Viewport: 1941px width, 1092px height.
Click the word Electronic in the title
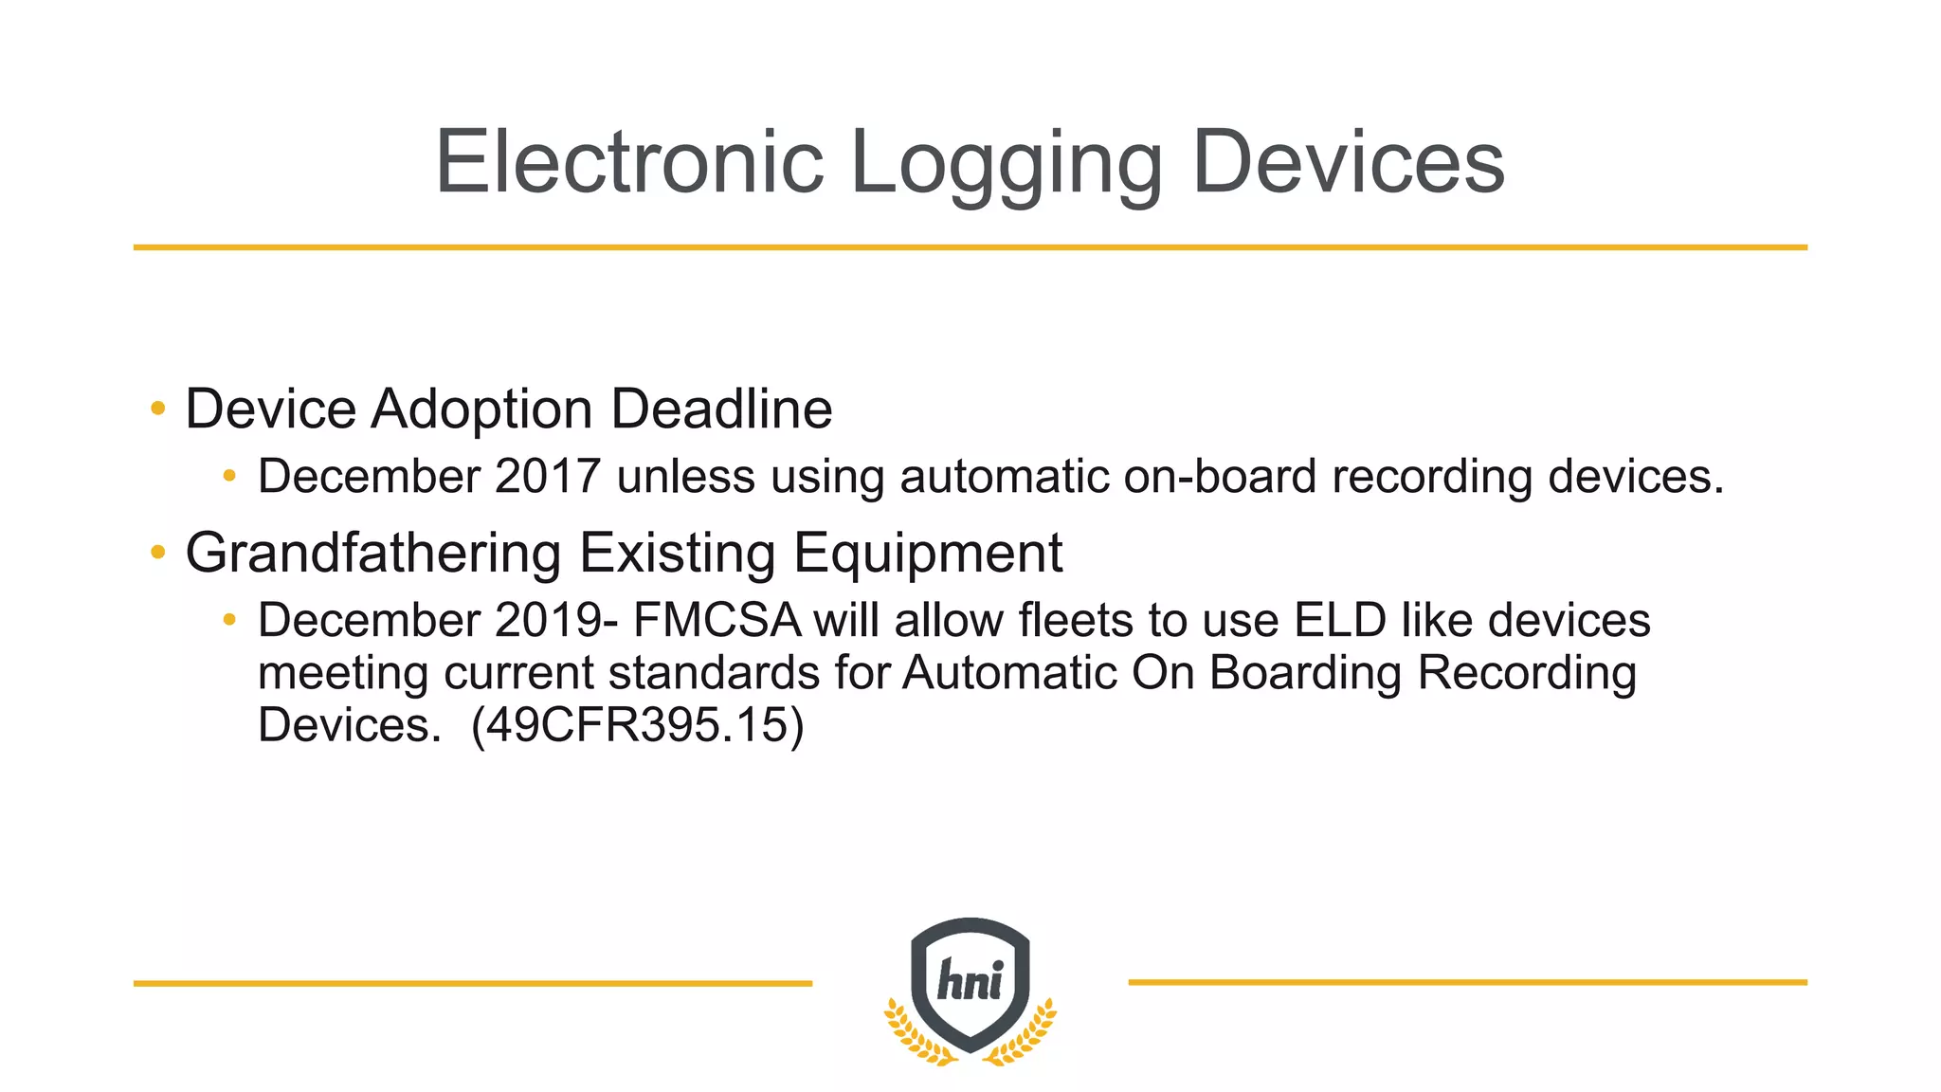(628, 162)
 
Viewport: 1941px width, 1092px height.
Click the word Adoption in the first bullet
(481, 409)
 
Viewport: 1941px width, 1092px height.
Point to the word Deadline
(721, 409)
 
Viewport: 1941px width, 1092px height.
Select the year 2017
(548, 476)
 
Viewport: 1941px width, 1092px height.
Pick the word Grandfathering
(373, 553)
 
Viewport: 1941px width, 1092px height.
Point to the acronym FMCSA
(717, 621)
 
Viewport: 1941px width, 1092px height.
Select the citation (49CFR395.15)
(637, 726)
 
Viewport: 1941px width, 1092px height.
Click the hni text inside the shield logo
(970, 980)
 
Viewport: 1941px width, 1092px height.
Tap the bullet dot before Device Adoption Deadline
(158, 409)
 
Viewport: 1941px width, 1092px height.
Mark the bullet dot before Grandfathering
(158, 552)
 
